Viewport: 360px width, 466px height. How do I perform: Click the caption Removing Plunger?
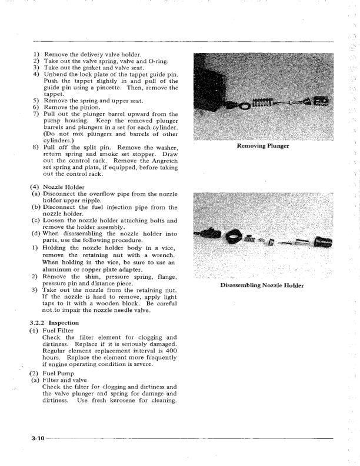point(262,145)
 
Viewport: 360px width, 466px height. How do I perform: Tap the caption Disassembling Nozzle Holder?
point(262,286)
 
